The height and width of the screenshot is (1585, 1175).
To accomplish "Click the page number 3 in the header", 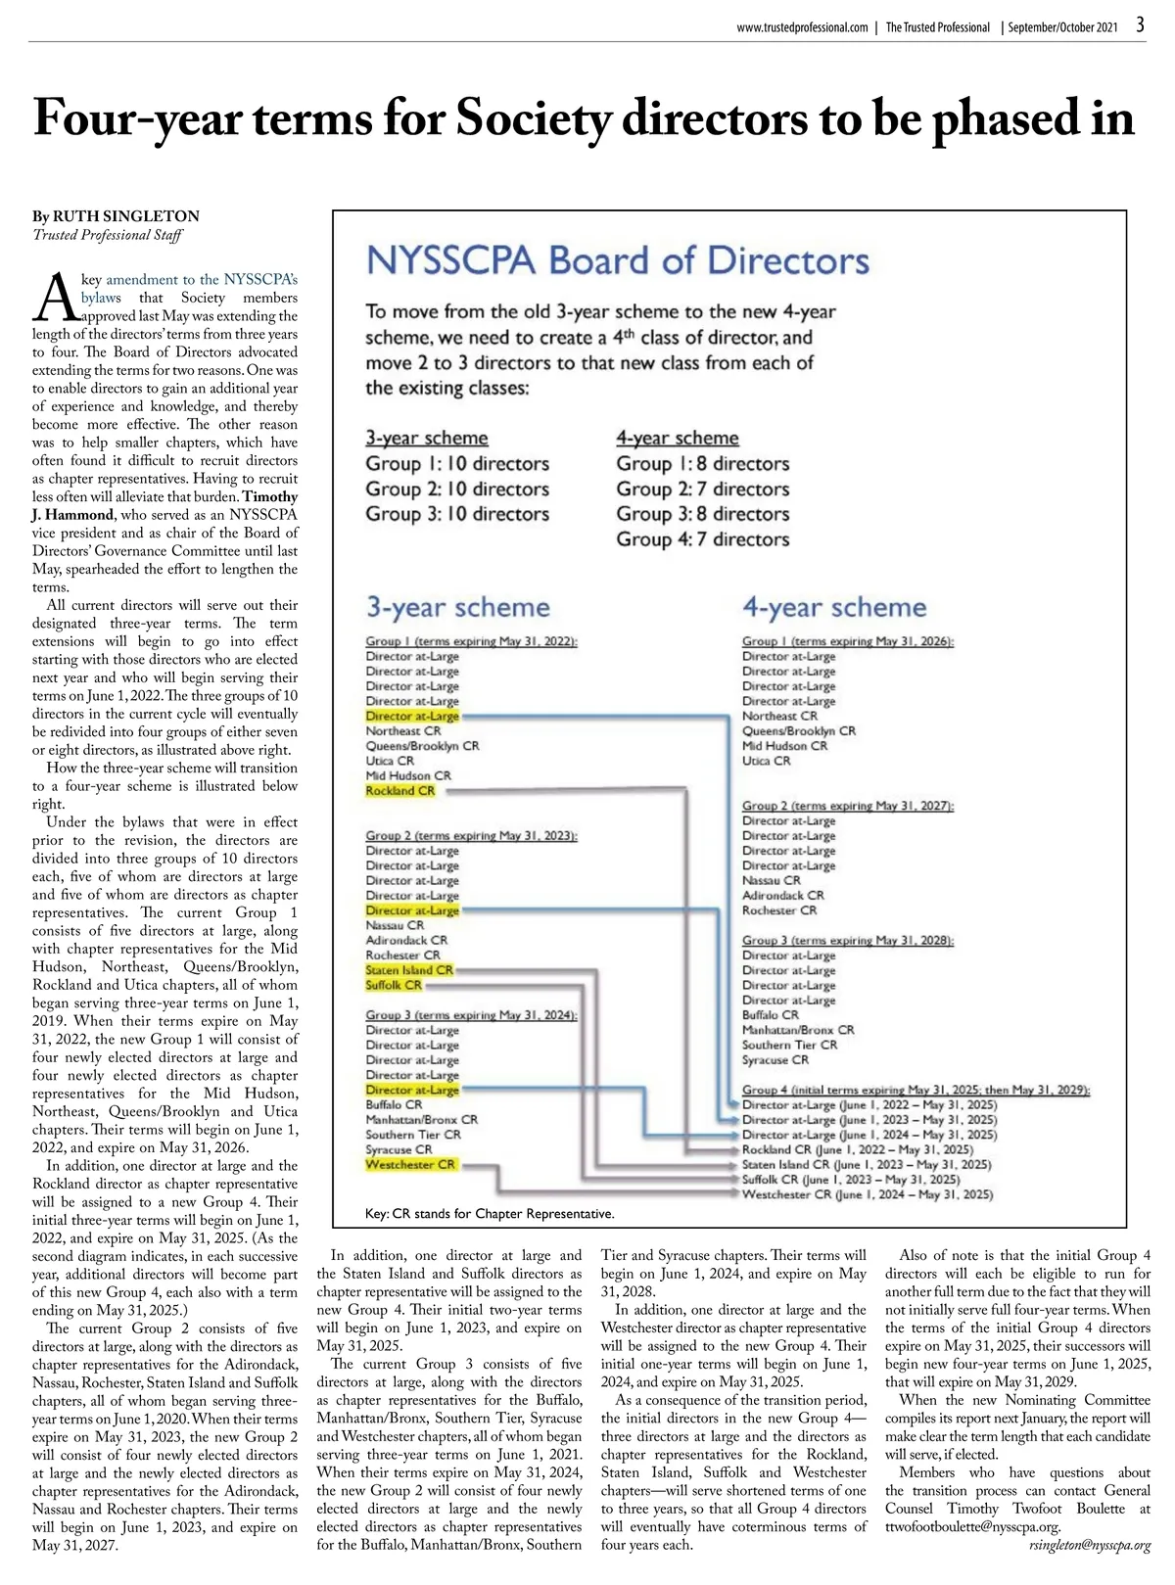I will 1141,25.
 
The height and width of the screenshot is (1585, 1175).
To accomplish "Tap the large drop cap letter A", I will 56,298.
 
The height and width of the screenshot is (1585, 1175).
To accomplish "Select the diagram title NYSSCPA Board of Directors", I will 617,261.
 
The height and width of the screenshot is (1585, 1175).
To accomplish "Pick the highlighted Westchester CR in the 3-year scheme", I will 410,1164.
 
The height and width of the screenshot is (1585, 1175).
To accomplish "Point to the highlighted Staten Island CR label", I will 409,970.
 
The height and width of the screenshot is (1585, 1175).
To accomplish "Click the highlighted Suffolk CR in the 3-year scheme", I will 394,985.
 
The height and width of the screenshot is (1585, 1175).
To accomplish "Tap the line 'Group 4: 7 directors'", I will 702,539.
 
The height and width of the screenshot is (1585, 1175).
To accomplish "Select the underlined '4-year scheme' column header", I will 678,438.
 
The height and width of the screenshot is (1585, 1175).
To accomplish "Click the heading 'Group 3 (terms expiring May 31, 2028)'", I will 847,940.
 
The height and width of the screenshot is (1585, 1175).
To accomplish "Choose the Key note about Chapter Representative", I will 490,1214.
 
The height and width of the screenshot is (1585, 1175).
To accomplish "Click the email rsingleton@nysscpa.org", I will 1090,1546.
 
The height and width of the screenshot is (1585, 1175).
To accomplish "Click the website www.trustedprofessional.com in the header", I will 802,27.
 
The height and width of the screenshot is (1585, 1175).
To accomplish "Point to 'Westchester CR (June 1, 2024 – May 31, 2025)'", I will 868,1194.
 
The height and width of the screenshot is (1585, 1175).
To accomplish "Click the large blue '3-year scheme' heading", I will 458,607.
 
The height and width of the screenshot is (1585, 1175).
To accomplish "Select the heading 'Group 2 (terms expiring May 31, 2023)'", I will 471,835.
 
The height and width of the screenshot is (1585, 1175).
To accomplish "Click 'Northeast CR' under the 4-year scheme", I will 780,716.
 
